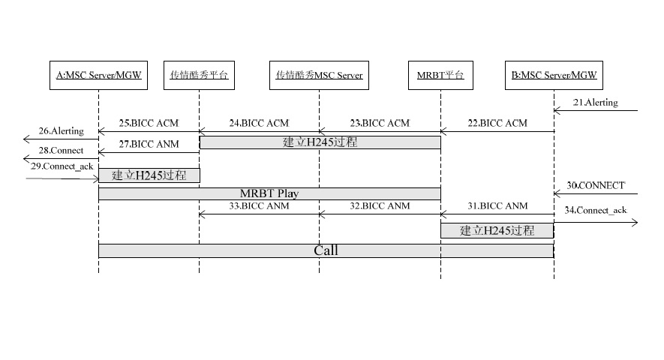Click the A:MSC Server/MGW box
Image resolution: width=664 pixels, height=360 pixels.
click(98, 75)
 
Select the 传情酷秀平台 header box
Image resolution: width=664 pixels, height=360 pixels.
click(199, 75)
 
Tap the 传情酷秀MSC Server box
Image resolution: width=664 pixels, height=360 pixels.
click(319, 75)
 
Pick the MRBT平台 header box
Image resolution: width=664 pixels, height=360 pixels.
click(440, 75)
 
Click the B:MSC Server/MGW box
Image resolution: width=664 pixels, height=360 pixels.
click(554, 75)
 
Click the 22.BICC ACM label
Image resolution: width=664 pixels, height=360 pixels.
click(503, 123)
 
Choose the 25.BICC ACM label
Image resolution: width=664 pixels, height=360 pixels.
click(149, 123)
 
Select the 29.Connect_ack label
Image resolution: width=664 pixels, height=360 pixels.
click(62, 166)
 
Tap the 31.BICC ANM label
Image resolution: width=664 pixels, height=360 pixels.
click(503, 205)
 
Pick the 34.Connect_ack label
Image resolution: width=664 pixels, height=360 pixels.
click(596, 210)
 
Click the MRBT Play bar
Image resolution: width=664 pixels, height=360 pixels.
click(269, 193)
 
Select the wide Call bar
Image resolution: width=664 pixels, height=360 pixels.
click(326, 250)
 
